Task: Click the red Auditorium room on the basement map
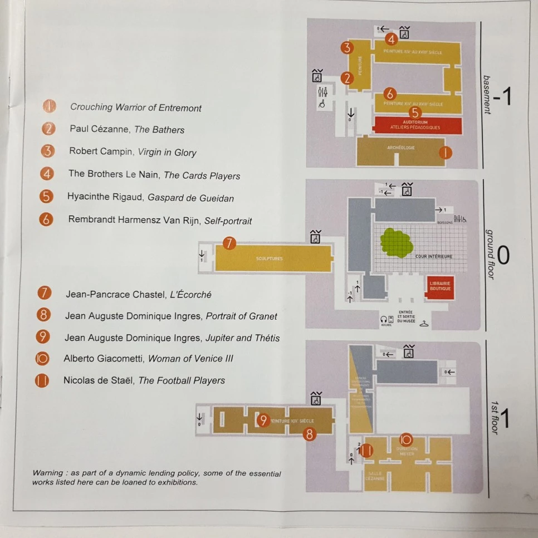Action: (x=418, y=125)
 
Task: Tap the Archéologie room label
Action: (x=401, y=148)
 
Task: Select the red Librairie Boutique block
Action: (x=440, y=286)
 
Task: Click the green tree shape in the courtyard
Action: (x=396, y=243)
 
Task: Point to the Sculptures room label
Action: (x=270, y=259)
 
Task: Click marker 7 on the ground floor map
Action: (x=229, y=243)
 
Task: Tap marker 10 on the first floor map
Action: (x=405, y=439)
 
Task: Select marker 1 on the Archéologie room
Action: (x=445, y=151)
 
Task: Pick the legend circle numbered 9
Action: (x=43, y=337)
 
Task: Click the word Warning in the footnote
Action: (x=47, y=473)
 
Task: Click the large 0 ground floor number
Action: (x=502, y=255)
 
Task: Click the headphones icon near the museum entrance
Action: (x=384, y=319)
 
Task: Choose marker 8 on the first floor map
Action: (x=310, y=433)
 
